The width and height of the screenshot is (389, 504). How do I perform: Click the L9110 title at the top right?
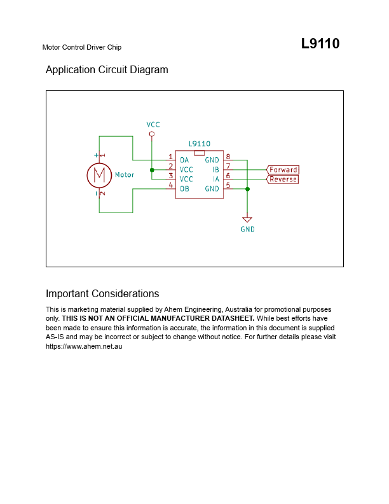[320, 44]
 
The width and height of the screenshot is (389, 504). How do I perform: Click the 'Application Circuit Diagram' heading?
[107, 70]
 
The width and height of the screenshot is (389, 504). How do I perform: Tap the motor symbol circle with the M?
[99, 175]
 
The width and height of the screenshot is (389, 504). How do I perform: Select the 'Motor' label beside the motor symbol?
[125, 174]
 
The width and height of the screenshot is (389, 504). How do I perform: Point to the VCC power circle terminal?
[152, 134]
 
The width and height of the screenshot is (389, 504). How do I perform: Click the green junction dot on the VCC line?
[152, 170]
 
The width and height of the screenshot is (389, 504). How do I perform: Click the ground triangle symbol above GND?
[247, 220]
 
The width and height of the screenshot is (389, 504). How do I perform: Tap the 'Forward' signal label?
[283, 170]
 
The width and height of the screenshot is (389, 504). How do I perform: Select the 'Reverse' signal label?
[282, 179]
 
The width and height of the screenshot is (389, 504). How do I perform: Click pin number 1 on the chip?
[171, 157]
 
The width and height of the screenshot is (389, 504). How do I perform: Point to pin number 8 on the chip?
[228, 157]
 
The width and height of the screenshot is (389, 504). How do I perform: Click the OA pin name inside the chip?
[184, 160]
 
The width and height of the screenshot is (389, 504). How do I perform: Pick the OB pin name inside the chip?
[184, 188]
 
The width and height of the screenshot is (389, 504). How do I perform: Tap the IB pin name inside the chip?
[215, 170]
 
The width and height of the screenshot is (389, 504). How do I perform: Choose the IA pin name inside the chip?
[216, 179]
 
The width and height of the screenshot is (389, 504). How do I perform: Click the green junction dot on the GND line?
[247, 189]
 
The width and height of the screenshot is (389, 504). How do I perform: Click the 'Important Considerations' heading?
[102, 294]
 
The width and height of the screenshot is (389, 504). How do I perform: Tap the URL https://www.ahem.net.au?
[84, 346]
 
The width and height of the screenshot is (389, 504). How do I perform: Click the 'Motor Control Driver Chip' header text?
[82, 47]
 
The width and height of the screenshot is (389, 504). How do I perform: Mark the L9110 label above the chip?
[200, 144]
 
